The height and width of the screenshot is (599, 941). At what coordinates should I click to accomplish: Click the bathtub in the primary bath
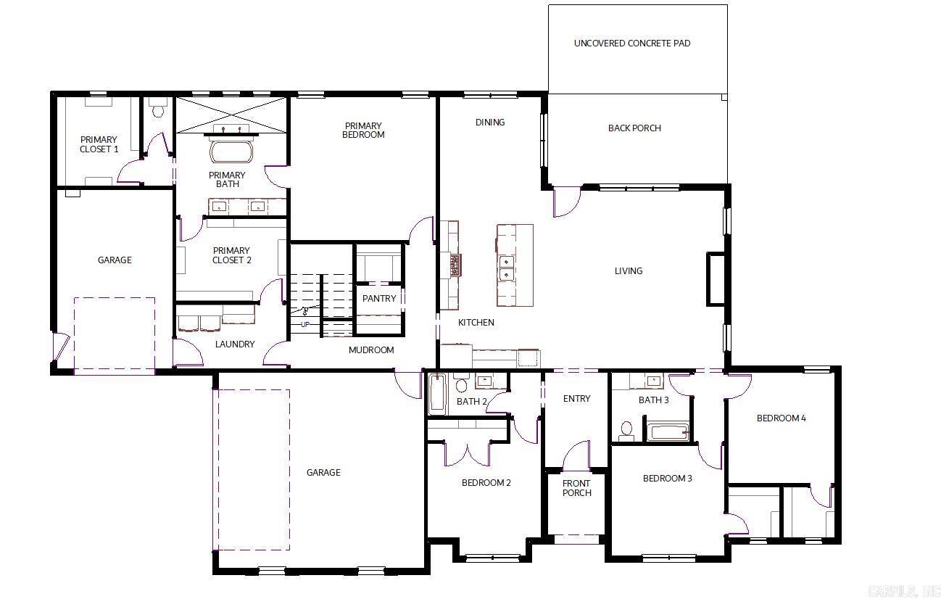tap(231, 152)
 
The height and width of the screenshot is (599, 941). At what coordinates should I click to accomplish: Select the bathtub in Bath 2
tap(437, 394)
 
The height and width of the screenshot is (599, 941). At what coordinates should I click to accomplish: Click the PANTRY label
tap(379, 299)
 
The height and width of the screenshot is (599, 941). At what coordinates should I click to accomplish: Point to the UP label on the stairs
tap(304, 324)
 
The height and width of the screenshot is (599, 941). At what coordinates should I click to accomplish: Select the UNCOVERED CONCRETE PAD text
tap(631, 44)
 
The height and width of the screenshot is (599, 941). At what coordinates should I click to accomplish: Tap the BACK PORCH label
tap(634, 128)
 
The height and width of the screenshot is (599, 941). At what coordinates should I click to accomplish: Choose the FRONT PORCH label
tap(576, 488)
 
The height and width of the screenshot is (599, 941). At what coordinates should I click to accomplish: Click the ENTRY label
tap(576, 399)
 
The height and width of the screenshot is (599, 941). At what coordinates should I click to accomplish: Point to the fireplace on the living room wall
tap(716, 278)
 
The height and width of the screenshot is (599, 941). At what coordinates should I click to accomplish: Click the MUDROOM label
tap(371, 350)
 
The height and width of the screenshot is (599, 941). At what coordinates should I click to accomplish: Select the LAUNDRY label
tap(235, 344)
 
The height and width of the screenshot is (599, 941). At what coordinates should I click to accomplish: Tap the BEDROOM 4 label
tap(781, 418)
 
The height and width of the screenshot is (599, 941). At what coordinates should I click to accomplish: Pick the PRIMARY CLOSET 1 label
tap(99, 144)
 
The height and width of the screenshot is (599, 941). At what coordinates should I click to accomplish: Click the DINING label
tap(490, 123)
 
